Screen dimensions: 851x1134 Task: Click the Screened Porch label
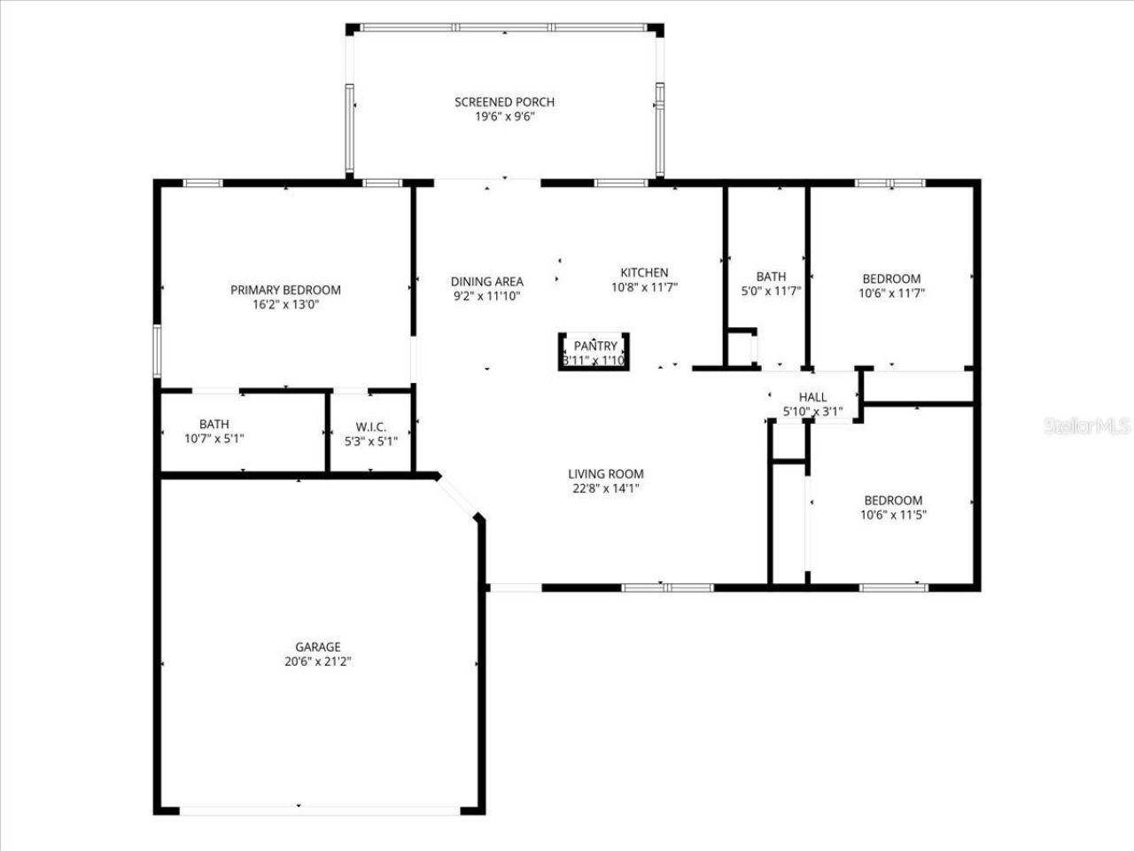[x=504, y=102]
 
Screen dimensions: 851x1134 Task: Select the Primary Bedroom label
[x=285, y=290]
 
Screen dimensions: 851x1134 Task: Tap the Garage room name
[x=318, y=647]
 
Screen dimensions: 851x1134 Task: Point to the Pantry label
[x=595, y=346]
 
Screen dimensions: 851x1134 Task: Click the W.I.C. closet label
[x=370, y=426]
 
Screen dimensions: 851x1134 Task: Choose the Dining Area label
[x=486, y=282]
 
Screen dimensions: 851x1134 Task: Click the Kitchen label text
[x=644, y=272]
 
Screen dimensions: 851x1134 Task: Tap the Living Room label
[x=606, y=474]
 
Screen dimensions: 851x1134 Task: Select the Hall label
[x=812, y=397]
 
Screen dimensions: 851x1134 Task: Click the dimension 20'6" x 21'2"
[x=318, y=661]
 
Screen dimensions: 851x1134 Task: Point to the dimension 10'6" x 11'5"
[x=893, y=514]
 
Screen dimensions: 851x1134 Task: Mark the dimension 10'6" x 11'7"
[x=891, y=293]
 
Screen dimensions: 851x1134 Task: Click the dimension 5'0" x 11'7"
[x=771, y=291]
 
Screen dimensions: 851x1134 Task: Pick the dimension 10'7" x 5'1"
[x=214, y=439]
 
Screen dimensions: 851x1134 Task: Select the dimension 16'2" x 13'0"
[x=285, y=304]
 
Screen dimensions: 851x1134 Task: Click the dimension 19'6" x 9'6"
[x=504, y=116]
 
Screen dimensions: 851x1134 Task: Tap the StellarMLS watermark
[x=1086, y=426]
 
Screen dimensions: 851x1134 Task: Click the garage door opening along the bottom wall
[x=319, y=810]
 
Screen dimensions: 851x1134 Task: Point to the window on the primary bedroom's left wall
[x=157, y=352]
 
